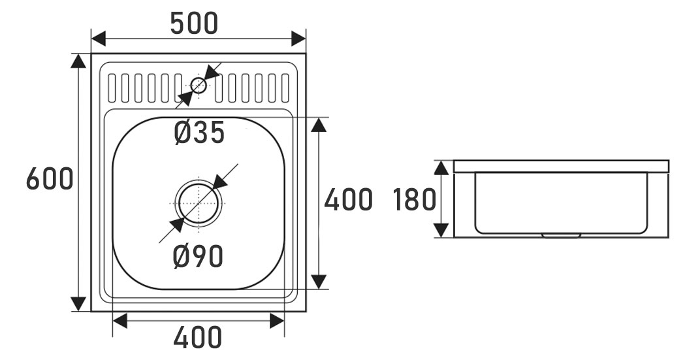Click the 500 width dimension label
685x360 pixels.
[x=194, y=24]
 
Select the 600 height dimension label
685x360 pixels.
[x=49, y=178]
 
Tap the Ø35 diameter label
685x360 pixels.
[x=199, y=133]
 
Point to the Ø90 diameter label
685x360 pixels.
[x=199, y=257]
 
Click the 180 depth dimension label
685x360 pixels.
[x=414, y=200]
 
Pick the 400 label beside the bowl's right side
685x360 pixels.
[x=348, y=200]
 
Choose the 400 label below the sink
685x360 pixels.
[x=198, y=338]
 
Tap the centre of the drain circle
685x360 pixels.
[x=199, y=203]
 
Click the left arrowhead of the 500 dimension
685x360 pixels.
[x=99, y=38]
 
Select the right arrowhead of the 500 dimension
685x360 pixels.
[x=298, y=38]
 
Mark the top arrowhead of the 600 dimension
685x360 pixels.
[x=78, y=61]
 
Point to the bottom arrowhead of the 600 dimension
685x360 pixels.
[x=78, y=304]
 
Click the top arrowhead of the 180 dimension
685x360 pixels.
[x=442, y=167]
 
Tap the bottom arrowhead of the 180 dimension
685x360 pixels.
[x=442, y=229]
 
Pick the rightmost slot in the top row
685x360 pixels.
[x=285, y=88]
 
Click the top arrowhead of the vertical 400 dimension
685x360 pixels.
[x=319, y=125]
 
